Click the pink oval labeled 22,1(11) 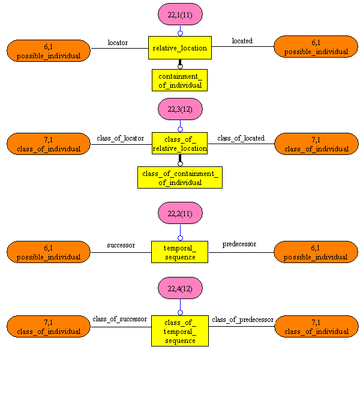tap(180, 14)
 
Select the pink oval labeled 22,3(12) tap(180, 109)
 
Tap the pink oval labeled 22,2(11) tap(180, 213)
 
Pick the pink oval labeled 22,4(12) tap(180, 288)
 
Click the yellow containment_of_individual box tap(180, 80)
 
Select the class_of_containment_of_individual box tap(180, 177)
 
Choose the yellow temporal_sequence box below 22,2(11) tap(180, 252)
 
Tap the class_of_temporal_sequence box tap(180, 331)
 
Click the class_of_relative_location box tap(180, 144)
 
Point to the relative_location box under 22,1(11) tap(180, 47)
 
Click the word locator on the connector tap(118, 43)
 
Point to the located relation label tap(242, 41)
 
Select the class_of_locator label tap(120, 138)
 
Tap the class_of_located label tap(241, 138)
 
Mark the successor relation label tap(121, 245)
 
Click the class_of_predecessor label tap(242, 320)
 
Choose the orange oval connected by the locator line tap(49, 50)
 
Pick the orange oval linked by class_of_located tap(316, 144)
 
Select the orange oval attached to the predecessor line tap(316, 252)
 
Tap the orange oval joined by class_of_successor tap(49, 326)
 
